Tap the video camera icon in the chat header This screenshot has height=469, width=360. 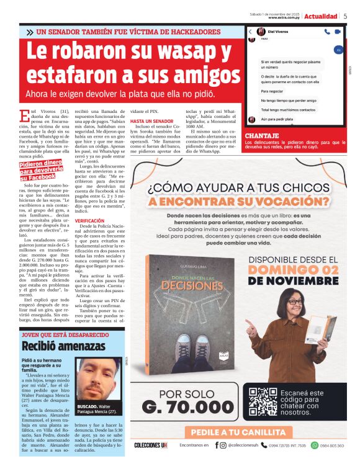click(342, 31)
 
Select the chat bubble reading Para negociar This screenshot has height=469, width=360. click(271, 91)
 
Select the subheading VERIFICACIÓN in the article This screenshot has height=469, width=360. click(89, 221)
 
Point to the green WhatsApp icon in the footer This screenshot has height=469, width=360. click(314, 445)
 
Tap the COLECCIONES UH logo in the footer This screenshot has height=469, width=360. click(151, 445)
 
